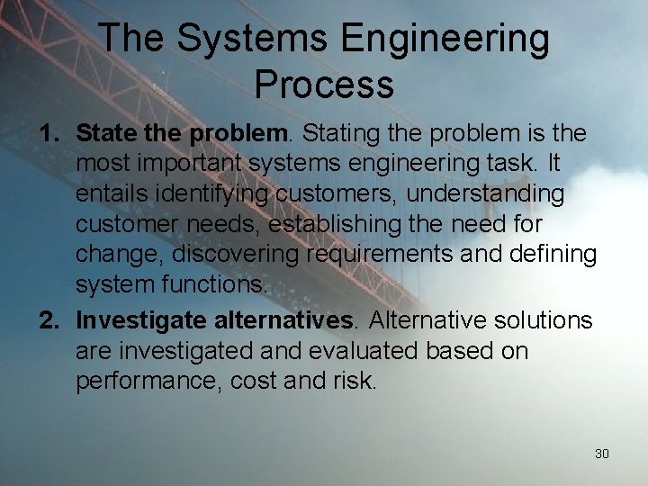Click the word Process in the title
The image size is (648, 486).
(x=324, y=84)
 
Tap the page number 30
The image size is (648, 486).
(x=602, y=454)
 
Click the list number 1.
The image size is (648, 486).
(x=49, y=134)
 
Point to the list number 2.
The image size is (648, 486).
(x=49, y=320)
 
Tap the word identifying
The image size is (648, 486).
(x=212, y=194)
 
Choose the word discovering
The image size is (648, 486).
(x=237, y=255)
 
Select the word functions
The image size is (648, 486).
(x=219, y=284)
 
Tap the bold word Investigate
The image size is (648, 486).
(x=142, y=320)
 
